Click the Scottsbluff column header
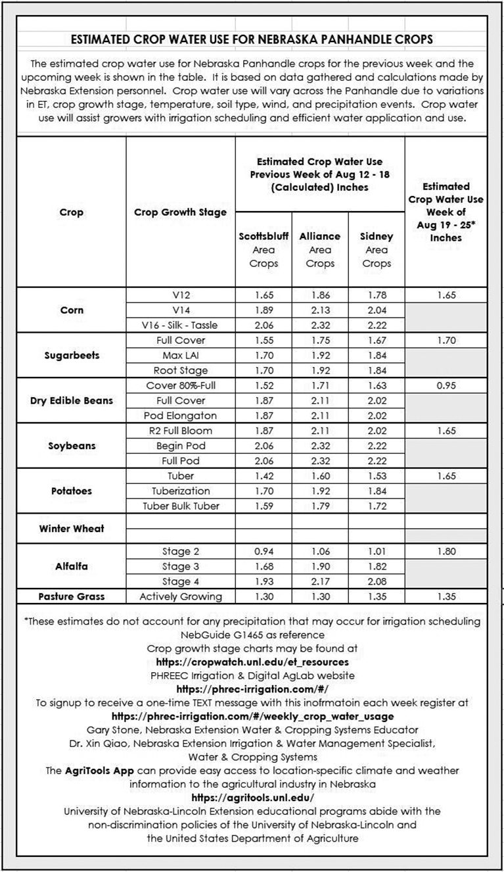263,236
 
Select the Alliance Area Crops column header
320,249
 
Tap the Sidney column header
377,236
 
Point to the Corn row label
71,310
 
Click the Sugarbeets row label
71,355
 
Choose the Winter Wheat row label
71,528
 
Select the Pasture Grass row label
71,596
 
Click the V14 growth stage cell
180,310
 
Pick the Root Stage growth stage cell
180,370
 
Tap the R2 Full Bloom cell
180,431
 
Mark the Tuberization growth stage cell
180,491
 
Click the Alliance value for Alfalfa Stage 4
320,581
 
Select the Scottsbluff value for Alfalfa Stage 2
263,551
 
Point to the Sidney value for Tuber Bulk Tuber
377,506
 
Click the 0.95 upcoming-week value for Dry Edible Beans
446,385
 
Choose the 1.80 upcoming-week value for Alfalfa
446,551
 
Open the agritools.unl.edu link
252,798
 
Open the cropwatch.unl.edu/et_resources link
252,662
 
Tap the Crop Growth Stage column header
180,212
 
